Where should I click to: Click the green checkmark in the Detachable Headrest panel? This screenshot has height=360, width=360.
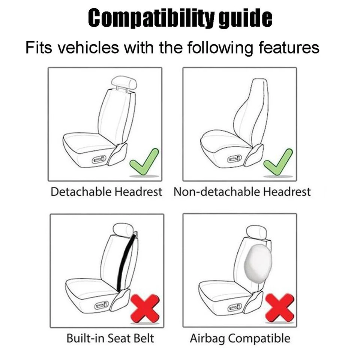(x=144, y=160)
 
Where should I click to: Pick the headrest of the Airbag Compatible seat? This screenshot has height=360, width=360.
(x=256, y=231)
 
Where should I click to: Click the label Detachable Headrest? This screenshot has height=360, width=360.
(x=106, y=192)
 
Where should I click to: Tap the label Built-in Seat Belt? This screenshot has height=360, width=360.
(x=110, y=338)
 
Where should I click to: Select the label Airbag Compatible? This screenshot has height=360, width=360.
(x=240, y=338)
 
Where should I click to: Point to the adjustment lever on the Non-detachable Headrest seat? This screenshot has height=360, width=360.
(x=234, y=159)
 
